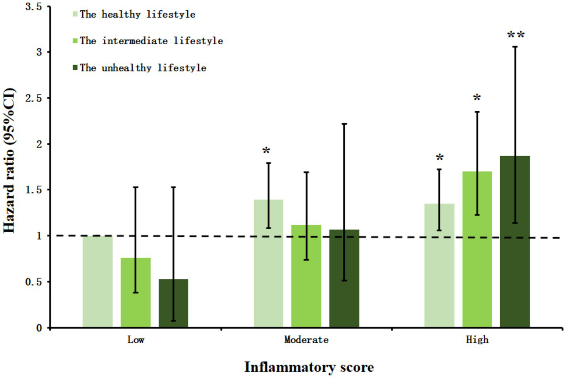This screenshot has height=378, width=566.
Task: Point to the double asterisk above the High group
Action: pos(516,35)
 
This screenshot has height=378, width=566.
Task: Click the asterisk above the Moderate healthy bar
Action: pos(266,151)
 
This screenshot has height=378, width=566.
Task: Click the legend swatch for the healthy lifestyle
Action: pos(75,15)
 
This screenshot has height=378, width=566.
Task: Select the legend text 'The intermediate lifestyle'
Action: pos(151,41)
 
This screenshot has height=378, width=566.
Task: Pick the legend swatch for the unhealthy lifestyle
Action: pos(75,68)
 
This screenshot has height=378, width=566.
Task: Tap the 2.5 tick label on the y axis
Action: pos(34,98)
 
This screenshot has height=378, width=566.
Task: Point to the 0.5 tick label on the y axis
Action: pos(34,282)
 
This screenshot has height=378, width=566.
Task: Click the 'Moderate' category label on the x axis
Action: pos(306,340)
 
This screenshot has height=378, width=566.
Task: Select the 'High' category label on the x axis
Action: pos(477,340)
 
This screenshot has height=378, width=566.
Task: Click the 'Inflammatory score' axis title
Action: pos(309,367)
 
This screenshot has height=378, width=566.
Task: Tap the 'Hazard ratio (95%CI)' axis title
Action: pos(9,161)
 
